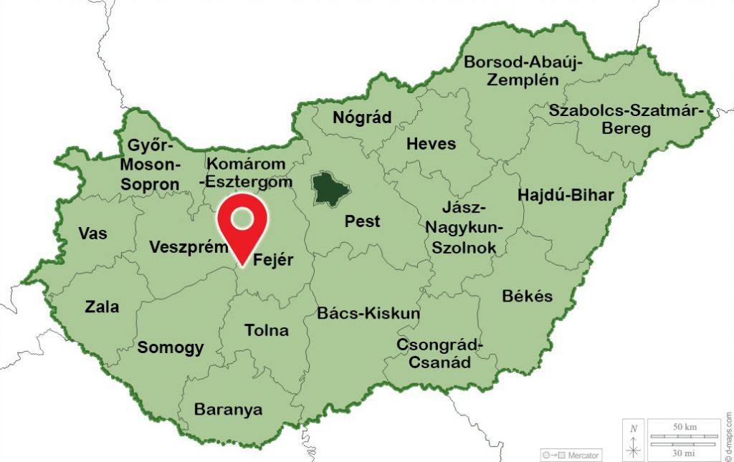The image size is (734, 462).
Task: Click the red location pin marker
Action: pyautogui.click(x=242, y=223)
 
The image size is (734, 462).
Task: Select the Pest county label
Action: pyautogui.click(x=363, y=221)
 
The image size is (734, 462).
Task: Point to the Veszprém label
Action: pyautogui.click(x=187, y=247)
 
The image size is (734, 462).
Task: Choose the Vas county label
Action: pyautogui.click(x=93, y=234)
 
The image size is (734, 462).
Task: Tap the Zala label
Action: pyautogui.click(x=102, y=307)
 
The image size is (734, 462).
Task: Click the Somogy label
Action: pyautogui.click(x=171, y=348)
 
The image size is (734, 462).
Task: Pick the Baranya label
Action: pyautogui.click(x=228, y=410)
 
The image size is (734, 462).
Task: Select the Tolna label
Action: pyautogui.click(x=267, y=330)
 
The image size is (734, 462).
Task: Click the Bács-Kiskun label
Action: pyautogui.click(x=368, y=313)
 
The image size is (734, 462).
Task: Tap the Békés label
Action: pyautogui.click(x=528, y=296)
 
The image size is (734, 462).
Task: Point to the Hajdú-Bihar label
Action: pyautogui.click(x=566, y=195)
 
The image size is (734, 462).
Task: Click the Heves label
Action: pyautogui.click(x=431, y=144)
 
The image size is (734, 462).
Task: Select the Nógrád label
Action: pyautogui.click(x=363, y=117)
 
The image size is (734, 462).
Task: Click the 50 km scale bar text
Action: pyautogui.click(x=685, y=427)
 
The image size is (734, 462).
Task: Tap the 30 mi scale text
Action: pyautogui.click(x=685, y=453)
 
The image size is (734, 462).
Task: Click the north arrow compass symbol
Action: pyautogui.click(x=634, y=441)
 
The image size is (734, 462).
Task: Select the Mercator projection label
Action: pyautogui.click(x=571, y=455)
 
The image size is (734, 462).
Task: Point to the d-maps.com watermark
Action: pyautogui.click(x=728, y=435)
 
